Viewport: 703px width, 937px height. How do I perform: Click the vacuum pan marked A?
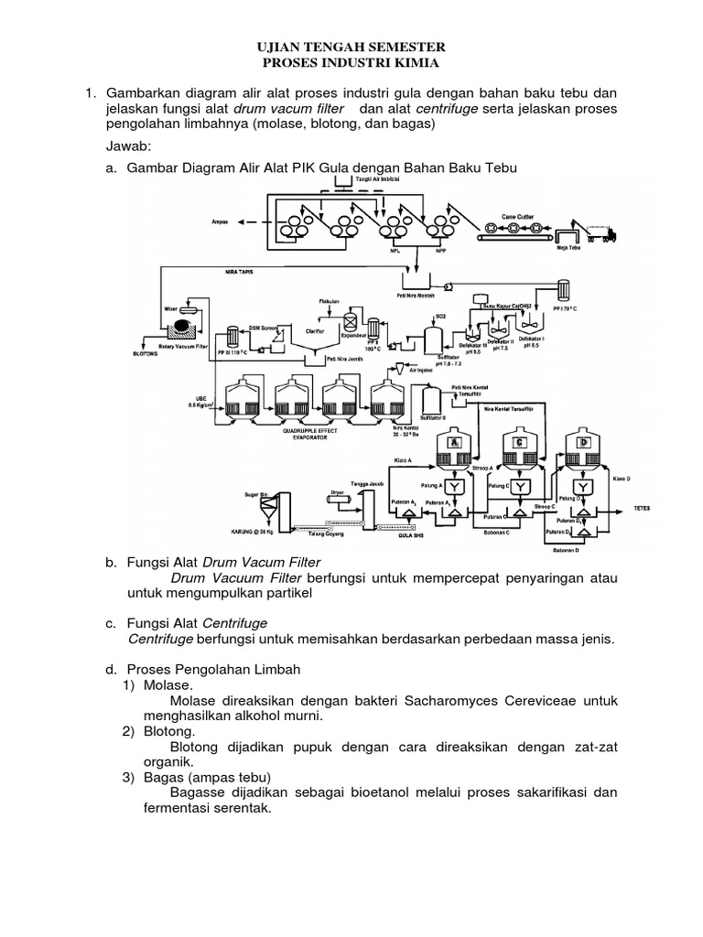coord(454,442)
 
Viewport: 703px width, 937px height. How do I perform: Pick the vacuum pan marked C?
coord(519,442)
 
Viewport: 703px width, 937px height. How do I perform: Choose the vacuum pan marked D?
coord(582,442)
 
